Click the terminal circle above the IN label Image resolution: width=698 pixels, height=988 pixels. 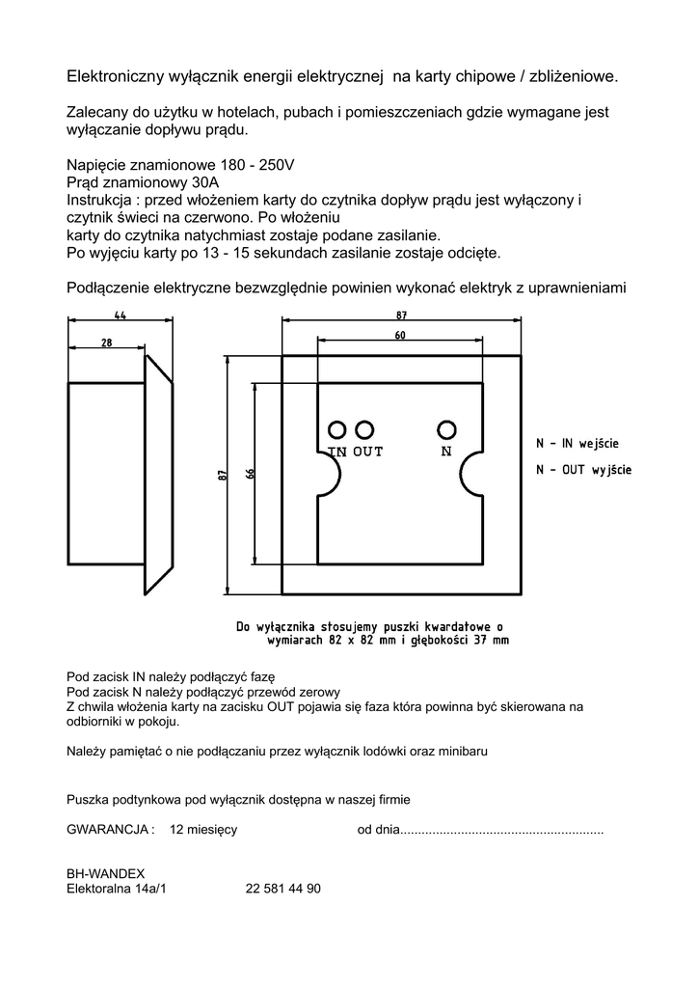tap(337, 429)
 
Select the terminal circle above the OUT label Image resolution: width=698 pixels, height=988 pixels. tap(364, 429)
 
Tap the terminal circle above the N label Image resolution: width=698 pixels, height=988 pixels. tap(446, 429)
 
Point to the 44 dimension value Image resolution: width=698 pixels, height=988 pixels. tap(121, 315)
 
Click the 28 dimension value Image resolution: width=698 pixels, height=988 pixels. tap(106, 343)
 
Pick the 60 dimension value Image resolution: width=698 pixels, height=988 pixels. tap(400, 335)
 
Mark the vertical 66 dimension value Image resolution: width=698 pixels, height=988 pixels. tap(250, 474)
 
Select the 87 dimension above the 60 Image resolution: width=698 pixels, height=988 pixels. tap(401, 315)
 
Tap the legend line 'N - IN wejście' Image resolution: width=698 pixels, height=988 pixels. tap(577, 444)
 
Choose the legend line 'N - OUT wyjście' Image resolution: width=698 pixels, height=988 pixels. tap(583, 470)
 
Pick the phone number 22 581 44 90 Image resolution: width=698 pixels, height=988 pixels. tap(283, 890)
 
